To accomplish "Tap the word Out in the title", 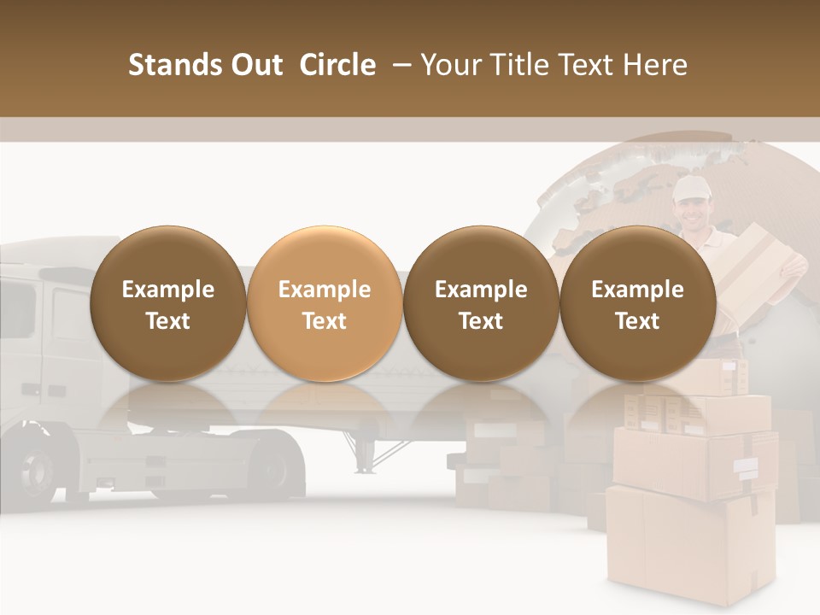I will (x=255, y=65).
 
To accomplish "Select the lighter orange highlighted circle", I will (x=325, y=303).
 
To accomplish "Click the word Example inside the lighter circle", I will (x=325, y=290).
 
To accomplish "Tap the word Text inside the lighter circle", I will (x=325, y=321).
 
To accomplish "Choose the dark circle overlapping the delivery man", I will (x=637, y=303).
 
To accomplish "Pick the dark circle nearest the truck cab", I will (x=167, y=303).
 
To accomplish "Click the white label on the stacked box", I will (x=745, y=466).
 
